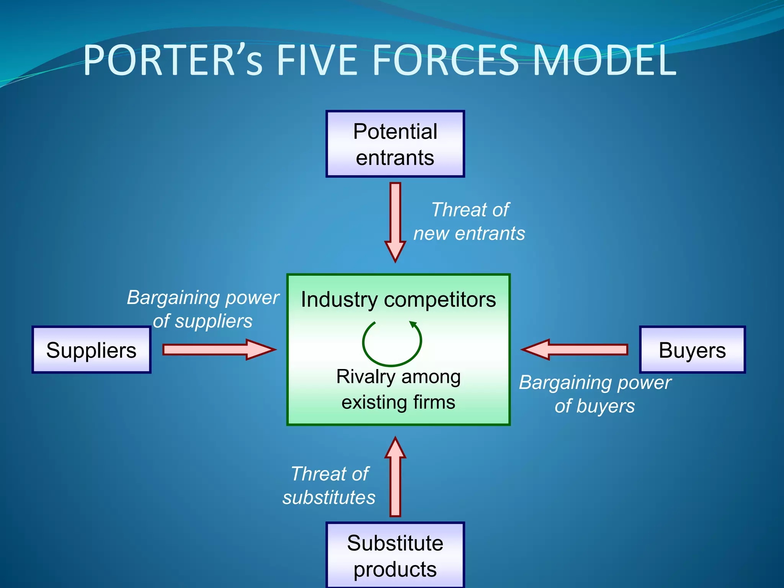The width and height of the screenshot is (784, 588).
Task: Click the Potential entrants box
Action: [x=395, y=144]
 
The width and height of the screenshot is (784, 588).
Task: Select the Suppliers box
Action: [x=91, y=350]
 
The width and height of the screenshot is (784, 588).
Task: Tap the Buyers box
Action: [x=692, y=350]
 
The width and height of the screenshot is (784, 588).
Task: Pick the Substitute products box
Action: [x=395, y=555]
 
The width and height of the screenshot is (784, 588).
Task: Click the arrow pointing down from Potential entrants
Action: [x=395, y=222]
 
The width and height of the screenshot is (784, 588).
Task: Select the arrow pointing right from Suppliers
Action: [x=218, y=350]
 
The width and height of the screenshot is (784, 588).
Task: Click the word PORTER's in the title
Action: [x=173, y=60]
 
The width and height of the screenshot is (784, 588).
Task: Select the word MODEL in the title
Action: [x=604, y=60]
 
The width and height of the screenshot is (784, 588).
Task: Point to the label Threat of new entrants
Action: [x=469, y=222]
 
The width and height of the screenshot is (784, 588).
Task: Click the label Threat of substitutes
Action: [x=329, y=485]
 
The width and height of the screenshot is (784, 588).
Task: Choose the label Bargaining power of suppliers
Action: [x=203, y=309]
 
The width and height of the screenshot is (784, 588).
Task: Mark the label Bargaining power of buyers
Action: [x=595, y=394]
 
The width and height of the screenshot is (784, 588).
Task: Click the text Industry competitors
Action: [x=398, y=299]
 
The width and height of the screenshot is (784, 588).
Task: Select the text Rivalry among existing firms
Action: [x=398, y=389]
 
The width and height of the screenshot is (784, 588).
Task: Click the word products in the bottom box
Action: [x=395, y=569]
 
